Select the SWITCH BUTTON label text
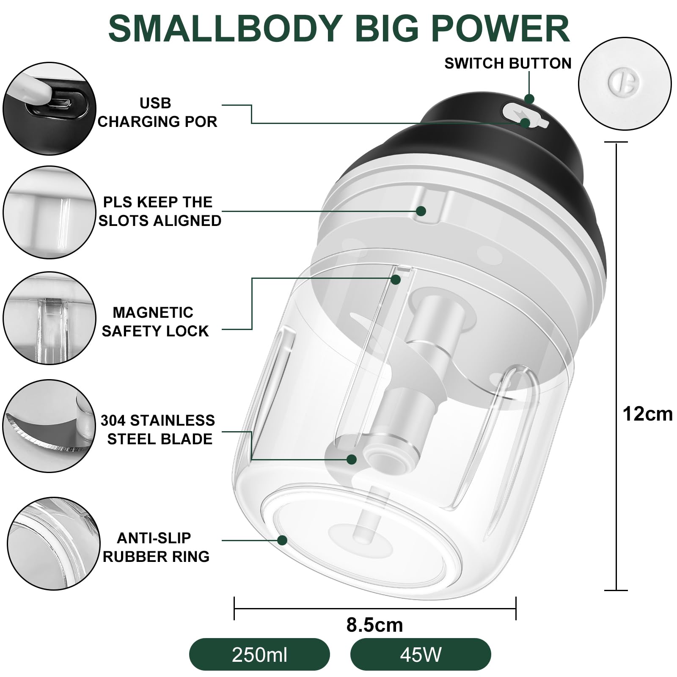(x=508, y=63)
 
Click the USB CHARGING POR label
(x=157, y=113)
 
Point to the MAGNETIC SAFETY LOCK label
(x=155, y=322)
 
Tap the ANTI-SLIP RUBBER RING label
(x=156, y=547)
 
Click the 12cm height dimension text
(x=647, y=414)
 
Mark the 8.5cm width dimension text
(x=374, y=625)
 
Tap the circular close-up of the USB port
(x=50, y=108)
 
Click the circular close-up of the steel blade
(x=50, y=426)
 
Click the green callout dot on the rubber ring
(x=282, y=540)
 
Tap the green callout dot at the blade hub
(x=352, y=459)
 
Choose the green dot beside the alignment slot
(x=421, y=211)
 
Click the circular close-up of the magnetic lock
(x=50, y=318)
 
